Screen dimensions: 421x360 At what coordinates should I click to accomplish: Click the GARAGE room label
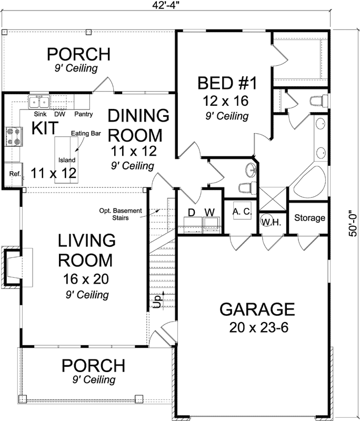257,308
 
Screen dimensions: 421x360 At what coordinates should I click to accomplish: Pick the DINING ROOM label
139,124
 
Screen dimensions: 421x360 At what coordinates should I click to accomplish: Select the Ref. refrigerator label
14,174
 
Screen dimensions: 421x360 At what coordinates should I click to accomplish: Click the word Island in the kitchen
67,160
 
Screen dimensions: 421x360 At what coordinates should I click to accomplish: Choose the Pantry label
83,114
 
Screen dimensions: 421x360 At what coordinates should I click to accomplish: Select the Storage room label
309,218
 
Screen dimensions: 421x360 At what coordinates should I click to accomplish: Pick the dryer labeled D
192,212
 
